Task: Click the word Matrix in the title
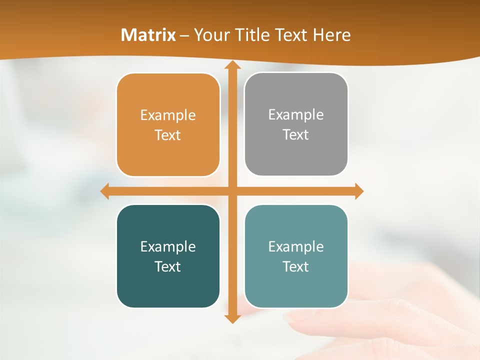coord(148,34)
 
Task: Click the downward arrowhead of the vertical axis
coord(232,318)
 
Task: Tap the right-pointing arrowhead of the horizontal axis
coord(358,191)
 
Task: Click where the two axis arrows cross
coord(232,191)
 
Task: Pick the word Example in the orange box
coord(168,115)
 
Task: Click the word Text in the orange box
coord(168,135)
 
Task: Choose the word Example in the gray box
coord(296,115)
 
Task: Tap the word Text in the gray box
coord(296,135)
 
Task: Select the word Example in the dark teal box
coord(168,247)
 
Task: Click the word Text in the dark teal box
coord(168,267)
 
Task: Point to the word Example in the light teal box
coord(296,247)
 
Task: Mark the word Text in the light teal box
coord(296,267)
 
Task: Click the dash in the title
coord(184,35)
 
